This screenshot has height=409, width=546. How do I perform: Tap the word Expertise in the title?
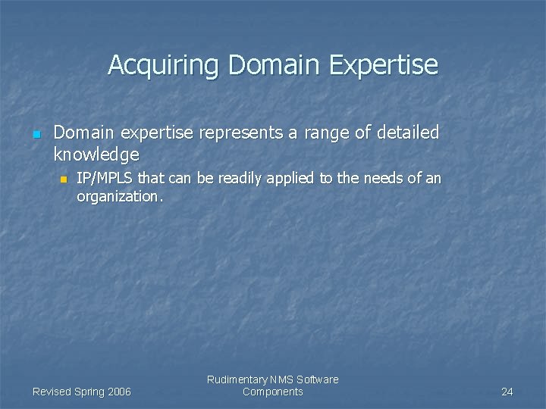384,65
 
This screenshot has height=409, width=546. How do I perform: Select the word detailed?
408,133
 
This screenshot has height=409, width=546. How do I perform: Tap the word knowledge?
96,155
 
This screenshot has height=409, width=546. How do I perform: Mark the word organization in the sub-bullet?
118,196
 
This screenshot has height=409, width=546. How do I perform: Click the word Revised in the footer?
52,392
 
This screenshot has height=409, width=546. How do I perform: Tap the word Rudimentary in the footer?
237,379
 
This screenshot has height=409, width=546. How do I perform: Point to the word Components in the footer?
273,392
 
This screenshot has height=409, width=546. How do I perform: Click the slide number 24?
507,392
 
